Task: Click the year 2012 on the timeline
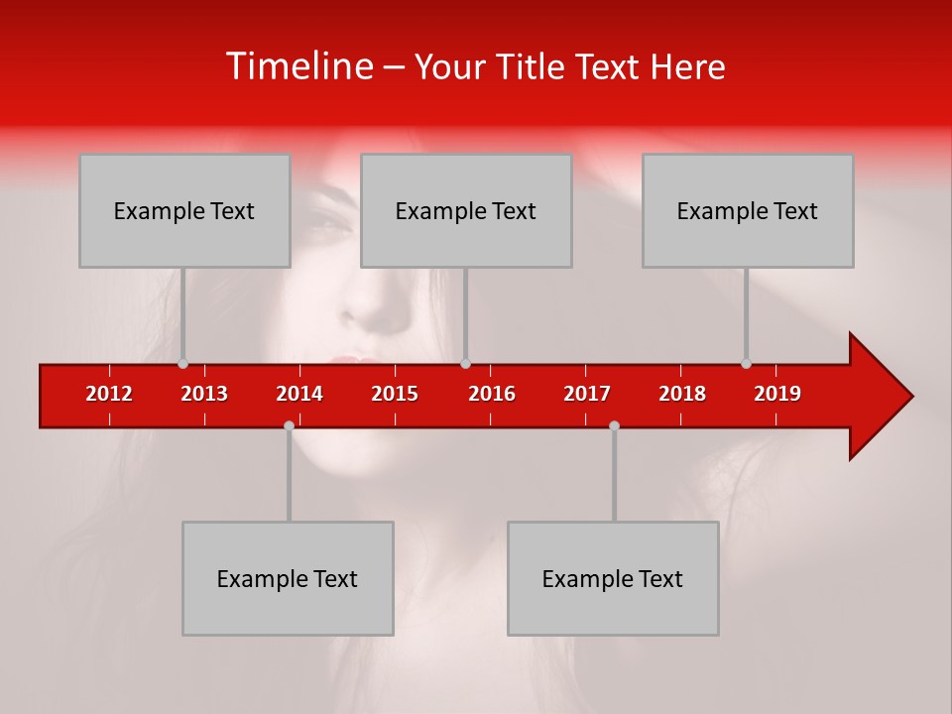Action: [x=109, y=394]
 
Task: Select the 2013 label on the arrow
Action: [x=204, y=394]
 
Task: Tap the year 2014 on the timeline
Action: [x=299, y=394]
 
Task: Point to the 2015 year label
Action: [x=395, y=394]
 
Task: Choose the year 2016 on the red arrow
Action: [x=492, y=394]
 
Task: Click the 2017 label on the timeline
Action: [x=587, y=394]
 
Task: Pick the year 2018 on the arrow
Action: [x=682, y=394]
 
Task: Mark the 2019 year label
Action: [x=777, y=394]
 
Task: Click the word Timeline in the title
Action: [x=298, y=66]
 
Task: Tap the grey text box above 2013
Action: [x=184, y=210]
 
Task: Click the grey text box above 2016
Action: [x=466, y=210]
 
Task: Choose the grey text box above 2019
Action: [x=748, y=210]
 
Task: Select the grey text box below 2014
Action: [x=288, y=578]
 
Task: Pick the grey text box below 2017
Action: [x=613, y=578]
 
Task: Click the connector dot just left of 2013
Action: [x=182, y=364]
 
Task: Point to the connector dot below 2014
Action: [x=289, y=425]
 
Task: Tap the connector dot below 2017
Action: [x=614, y=425]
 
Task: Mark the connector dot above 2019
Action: [x=746, y=364]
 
